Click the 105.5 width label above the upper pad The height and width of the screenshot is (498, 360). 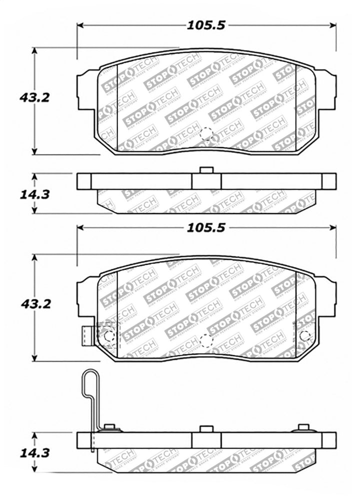(x=205, y=24)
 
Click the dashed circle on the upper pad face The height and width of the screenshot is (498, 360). (x=205, y=133)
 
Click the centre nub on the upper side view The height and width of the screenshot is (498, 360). (x=205, y=170)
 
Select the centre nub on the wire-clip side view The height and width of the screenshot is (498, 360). (x=205, y=429)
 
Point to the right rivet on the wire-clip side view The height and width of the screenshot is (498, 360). (x=303, y=427)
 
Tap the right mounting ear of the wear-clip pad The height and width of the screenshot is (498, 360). (x=326, y=299)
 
